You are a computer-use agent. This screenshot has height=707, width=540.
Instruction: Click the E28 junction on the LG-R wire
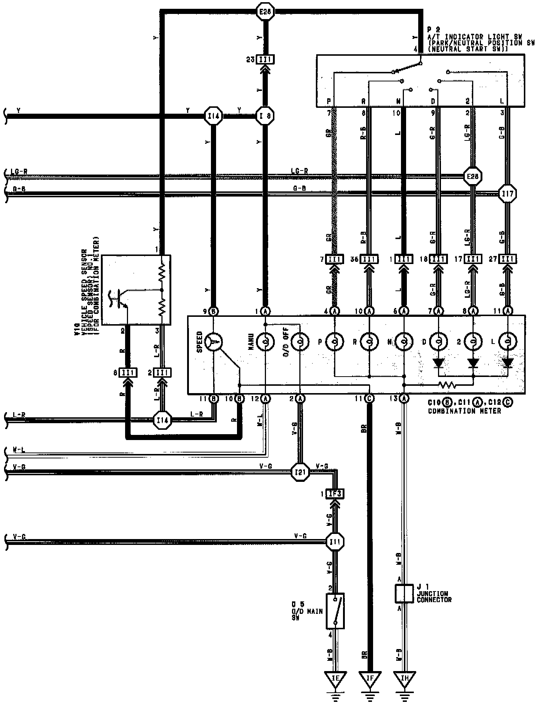tap(472, 176)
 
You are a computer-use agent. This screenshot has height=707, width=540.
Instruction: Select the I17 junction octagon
tap(508, 193)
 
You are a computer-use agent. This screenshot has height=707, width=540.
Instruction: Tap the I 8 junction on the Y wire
tap(265, 116)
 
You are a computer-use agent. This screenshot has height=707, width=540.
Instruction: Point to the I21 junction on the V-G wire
tap(300, 472)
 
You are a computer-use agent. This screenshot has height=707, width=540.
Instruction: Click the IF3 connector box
tap(335, 494)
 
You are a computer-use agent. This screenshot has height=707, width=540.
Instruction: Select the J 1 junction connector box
tap(404, 594)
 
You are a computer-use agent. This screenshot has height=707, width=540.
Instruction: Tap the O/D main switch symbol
tap(335, 611)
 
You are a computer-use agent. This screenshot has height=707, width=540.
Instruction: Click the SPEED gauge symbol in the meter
tap(214, 342)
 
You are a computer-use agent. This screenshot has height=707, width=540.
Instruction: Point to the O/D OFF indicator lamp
tap(300, 342)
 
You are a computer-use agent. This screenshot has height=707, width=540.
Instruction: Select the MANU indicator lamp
tap(265, 342)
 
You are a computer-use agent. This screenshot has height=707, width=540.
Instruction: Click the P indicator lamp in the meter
tap(335, 342)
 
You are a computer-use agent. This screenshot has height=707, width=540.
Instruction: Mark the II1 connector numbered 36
tap(369, 259)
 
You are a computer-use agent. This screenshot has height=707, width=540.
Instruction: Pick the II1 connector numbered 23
tap(265, 59)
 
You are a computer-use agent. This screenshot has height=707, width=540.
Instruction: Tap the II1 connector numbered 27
tap(508, 259)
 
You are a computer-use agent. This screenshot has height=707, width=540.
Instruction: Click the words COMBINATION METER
tap(464, 411)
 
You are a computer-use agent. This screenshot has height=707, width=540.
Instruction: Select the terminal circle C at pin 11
tap(369, 398)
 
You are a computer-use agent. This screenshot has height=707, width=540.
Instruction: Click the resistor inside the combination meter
tap(447, 385)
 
